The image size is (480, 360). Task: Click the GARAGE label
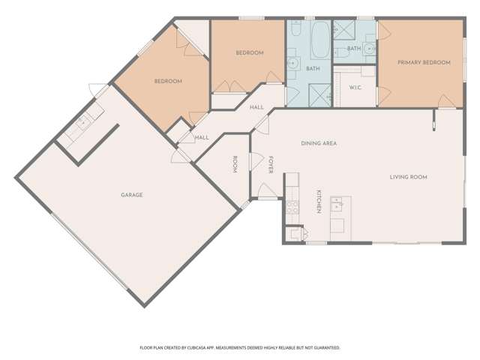point(132,195)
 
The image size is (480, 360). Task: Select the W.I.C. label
point(355,88)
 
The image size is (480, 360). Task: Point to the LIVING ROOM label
point(408,177)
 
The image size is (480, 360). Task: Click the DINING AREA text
point(317,142)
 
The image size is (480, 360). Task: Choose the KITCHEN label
point(319,201)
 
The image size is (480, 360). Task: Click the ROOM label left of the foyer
point(235,164)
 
